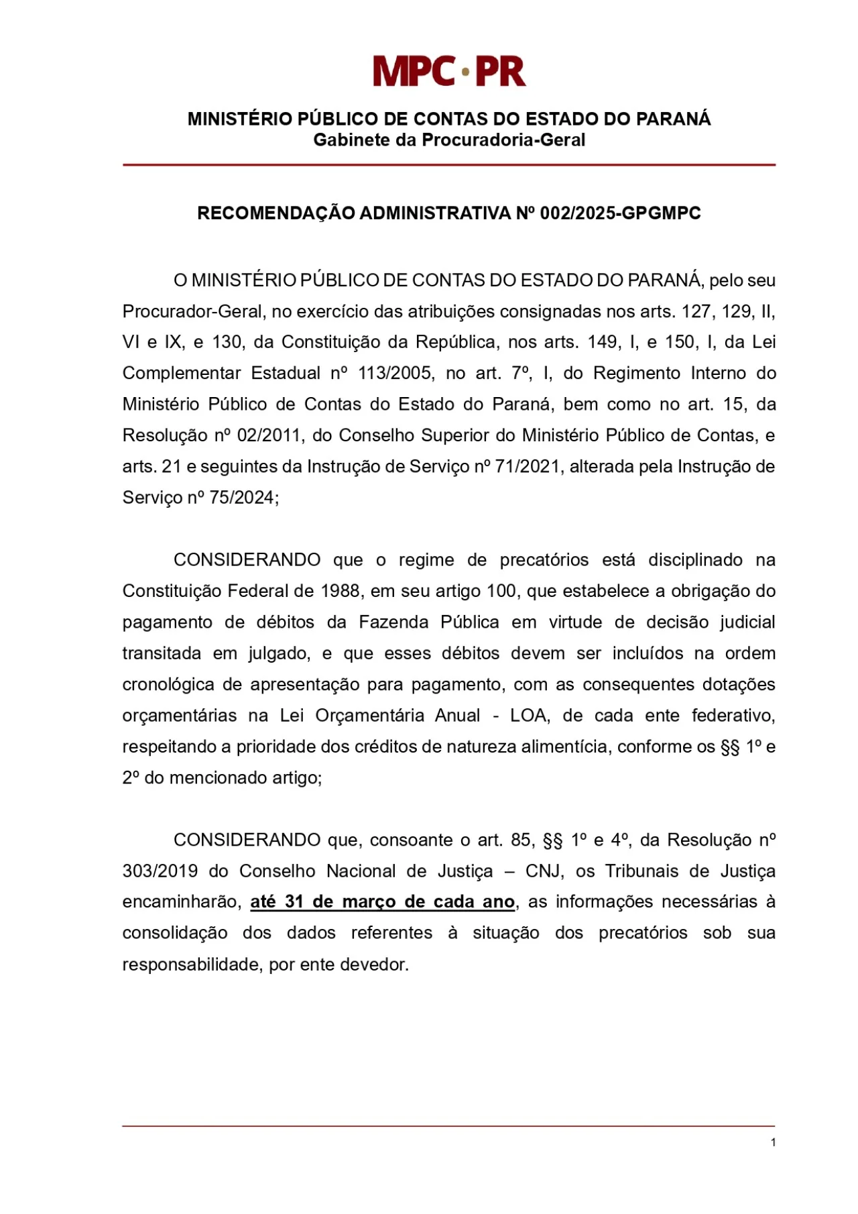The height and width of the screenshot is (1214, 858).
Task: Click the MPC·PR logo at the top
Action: click(448, 71)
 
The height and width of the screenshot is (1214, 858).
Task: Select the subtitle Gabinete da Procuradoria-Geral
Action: click(449, 140)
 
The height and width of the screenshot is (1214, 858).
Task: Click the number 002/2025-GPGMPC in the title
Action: click(620, 213)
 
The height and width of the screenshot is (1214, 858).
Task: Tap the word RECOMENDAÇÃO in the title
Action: click(275, 213)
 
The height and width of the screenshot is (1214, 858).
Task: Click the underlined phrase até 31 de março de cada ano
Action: click(382, 902)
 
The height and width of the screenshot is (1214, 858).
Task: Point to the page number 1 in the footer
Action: click(773, 1143)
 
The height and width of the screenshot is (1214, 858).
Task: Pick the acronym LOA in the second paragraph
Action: click(529, 716)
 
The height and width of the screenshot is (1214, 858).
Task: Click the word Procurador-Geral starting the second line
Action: click(192, 312)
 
